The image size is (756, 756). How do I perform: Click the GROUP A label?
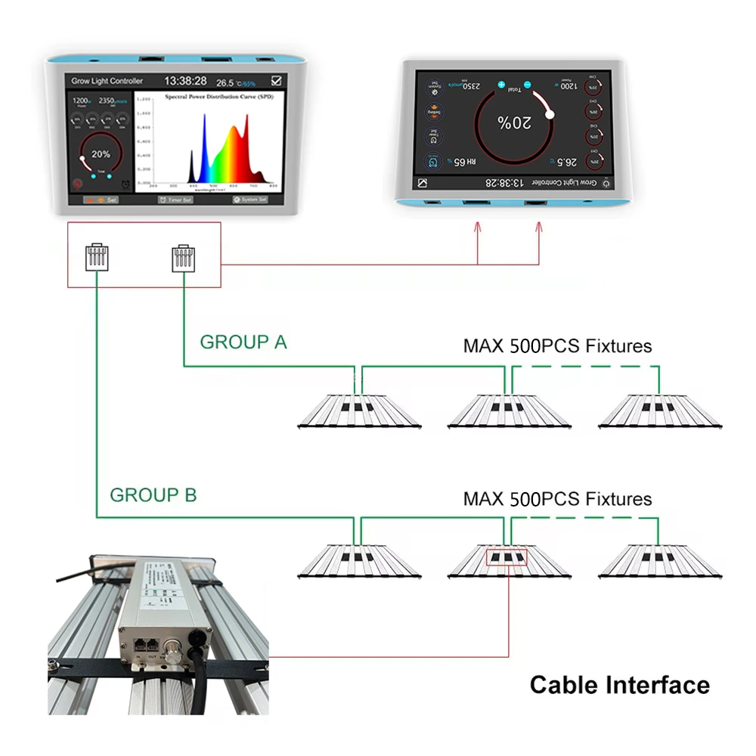(x=243, y=342)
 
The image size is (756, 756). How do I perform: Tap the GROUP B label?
(x=153, y=495)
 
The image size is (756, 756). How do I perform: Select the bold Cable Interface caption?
(x=619, y=685)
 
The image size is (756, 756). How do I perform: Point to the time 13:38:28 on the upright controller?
(x=185, y=81)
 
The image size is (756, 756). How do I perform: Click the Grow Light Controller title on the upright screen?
(x=107, y=81)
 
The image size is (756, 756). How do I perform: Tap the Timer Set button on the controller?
(x=175, y=200)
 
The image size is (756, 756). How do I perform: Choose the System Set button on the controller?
(x=250, y=200)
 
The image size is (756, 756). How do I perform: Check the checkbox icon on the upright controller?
(x=277, y=81)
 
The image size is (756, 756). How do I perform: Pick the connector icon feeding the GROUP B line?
(x=94, y=256)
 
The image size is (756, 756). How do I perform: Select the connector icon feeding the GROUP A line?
(x=183, y=256)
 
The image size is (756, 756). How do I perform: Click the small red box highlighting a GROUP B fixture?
(x=507, y=559)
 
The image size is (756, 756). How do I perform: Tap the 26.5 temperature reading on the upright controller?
(x=225, y=82)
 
